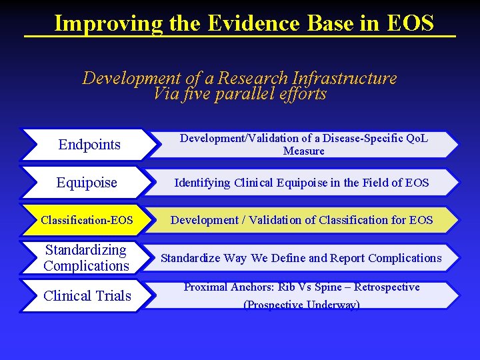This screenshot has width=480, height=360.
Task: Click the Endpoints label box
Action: pos(89,145)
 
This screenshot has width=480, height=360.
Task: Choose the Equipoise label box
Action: pos(87,182)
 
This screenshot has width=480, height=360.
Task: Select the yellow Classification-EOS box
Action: pos(87,220)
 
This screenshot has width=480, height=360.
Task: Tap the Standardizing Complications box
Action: pos(86,258)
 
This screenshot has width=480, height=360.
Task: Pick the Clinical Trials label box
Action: pos(87,296)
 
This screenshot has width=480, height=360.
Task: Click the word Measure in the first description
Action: pos(303,151)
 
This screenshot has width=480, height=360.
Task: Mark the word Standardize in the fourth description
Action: pos(192,258)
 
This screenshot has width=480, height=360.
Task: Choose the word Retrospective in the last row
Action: pos(387,287)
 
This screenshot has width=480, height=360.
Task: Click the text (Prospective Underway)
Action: pos(301,305)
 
